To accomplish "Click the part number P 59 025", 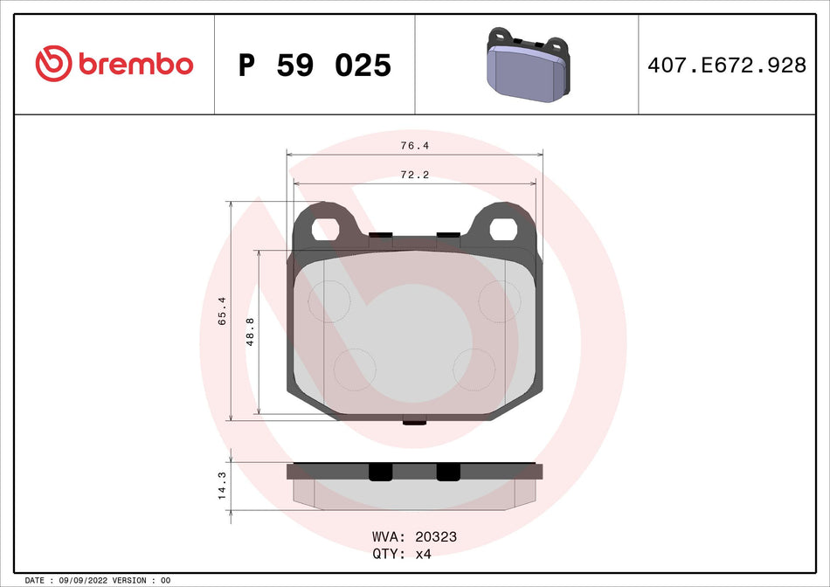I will (x=315, y=66).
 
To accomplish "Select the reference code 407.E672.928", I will (x=727, y=65).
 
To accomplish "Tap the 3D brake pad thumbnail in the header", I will (x=525, y=66).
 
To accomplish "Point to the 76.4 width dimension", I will (x=414, y=146).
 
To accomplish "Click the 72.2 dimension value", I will (x=414, y=175).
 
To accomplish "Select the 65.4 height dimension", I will (x=222, y=311).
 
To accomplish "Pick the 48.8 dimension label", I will (x=251, y=332).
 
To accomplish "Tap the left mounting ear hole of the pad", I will (x=326, y=229).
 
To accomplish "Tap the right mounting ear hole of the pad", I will (x=505, y=229).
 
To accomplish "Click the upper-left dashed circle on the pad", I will (x=330, y=300).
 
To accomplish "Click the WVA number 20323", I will (x=438, y=537).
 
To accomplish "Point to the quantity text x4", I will (x=422, y=554).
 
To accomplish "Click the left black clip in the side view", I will (x=381, y=472).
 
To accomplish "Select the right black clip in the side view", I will (x=447, y=472).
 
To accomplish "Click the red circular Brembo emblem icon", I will (x=53, y=64).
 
